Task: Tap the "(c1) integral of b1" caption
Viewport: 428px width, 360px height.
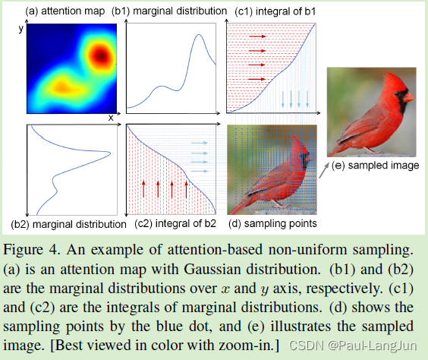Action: (x=272, y=11)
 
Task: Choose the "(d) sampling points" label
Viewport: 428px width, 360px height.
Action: (x=272, y=224)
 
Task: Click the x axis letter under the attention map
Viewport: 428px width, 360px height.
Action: (x=111, y=118)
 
